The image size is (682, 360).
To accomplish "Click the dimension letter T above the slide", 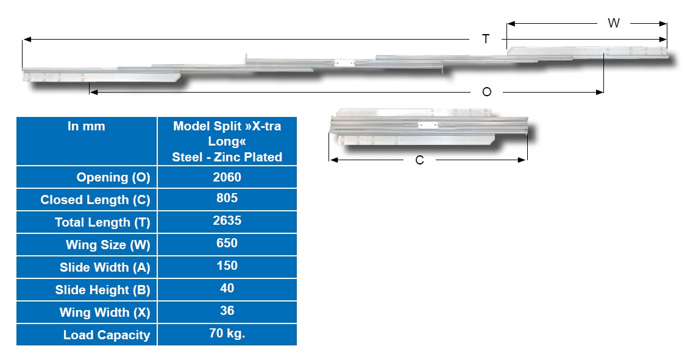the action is [x=486, y=39].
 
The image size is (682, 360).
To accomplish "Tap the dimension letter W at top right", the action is [x=613, y=23].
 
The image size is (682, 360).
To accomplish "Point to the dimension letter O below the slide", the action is [x=487, y=92].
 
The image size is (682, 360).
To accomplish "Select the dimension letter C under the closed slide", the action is [x=419, y=160].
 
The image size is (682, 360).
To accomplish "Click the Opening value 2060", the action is [x=227, y=177].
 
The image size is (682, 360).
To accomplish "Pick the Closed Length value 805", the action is [x=227, y=198].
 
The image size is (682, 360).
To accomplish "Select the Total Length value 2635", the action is [x=227, y=221].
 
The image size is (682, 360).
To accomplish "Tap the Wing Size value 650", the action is [x=227, y=242].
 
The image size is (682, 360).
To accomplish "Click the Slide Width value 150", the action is [x=227, y=265].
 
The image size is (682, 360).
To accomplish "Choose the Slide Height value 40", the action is [x=227, y=288].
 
